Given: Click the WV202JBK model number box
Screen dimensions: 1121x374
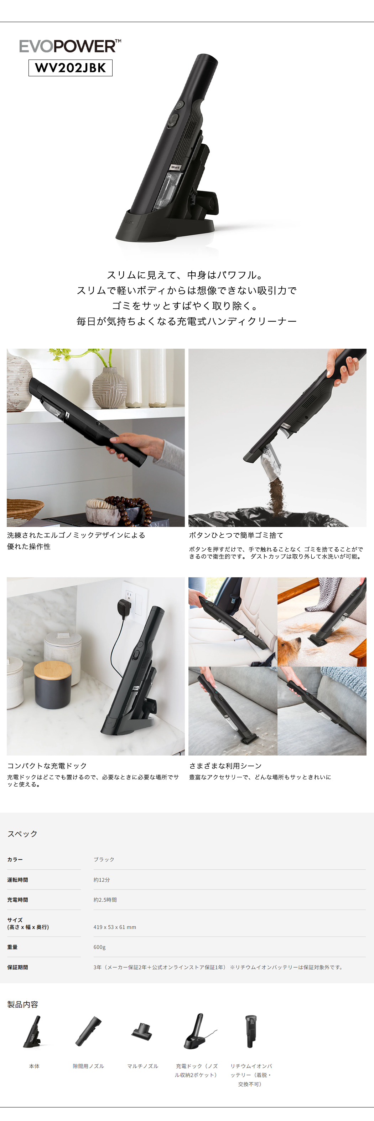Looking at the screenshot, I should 71,68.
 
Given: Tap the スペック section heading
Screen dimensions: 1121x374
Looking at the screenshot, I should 22,833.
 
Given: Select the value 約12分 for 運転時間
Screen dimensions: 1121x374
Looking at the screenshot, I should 101,880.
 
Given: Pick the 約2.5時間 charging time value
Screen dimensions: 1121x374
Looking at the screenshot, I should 105,900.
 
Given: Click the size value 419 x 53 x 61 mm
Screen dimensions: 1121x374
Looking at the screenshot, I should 114,927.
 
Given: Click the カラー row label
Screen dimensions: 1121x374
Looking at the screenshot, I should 15,859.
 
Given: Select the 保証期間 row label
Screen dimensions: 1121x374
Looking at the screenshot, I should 17,967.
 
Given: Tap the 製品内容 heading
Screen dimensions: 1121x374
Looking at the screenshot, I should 22,1004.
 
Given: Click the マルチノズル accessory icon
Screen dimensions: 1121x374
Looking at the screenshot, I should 142,1032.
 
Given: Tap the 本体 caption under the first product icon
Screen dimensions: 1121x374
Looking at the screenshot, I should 34,1066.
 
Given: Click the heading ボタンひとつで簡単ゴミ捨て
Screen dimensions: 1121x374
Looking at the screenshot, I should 236,535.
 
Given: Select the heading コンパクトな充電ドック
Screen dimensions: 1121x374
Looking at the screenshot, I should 47,766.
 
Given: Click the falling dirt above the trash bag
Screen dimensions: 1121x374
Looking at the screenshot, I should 275,496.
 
